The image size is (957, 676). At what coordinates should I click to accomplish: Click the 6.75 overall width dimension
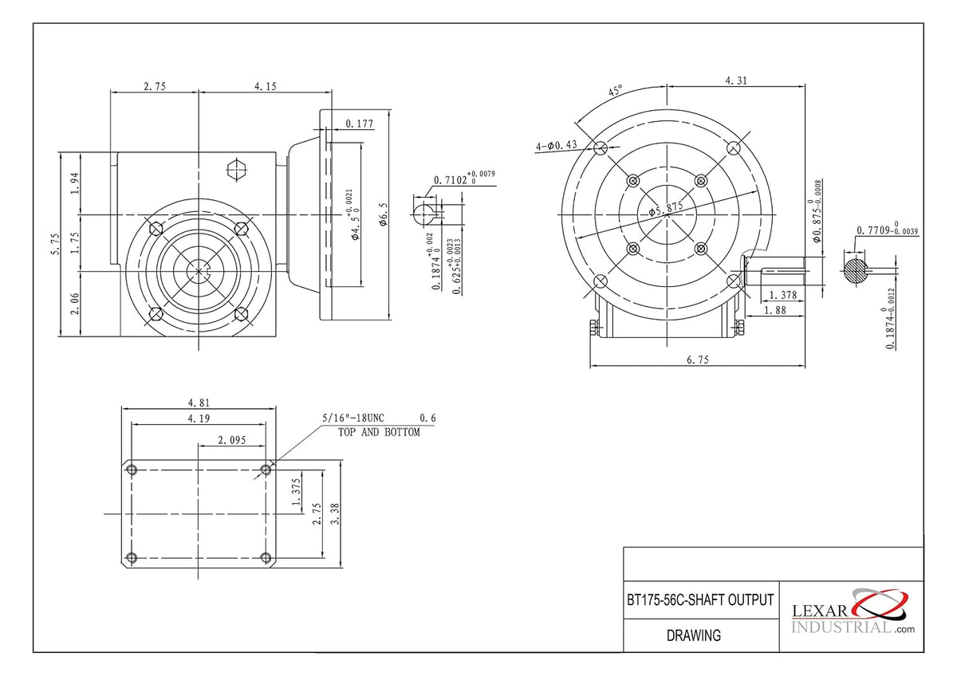coord(697,360)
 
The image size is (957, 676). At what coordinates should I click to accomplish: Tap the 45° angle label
coord(616,91)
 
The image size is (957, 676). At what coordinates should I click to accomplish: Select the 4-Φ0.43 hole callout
coord(557,145)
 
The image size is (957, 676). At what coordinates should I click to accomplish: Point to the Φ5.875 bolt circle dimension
coord(666,208)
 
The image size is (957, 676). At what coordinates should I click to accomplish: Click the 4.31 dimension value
coord(736,81)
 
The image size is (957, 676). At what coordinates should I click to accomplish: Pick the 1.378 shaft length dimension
coord(782,295)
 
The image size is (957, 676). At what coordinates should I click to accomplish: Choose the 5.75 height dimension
coord(55,244)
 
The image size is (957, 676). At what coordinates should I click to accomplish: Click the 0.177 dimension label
coord(360,124)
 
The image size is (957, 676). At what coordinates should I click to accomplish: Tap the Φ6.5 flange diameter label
coord(384,214)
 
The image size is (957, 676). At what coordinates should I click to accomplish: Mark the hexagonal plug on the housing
coord(236,170)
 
